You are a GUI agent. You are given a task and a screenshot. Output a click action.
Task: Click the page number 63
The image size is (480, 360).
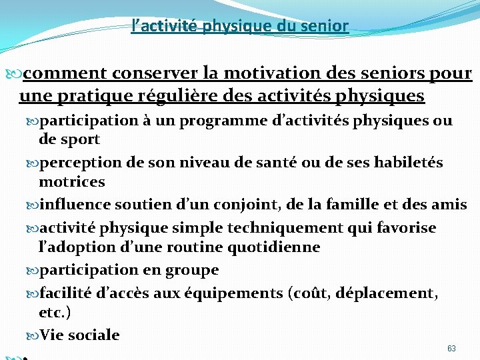pyautogui.click(x=451, y=349)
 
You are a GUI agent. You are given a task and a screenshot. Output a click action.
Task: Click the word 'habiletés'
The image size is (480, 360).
pyautogui.click(x=407, y=163)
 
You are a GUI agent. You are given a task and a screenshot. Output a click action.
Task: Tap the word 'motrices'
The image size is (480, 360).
pyautogui.click(x=72, y=181)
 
